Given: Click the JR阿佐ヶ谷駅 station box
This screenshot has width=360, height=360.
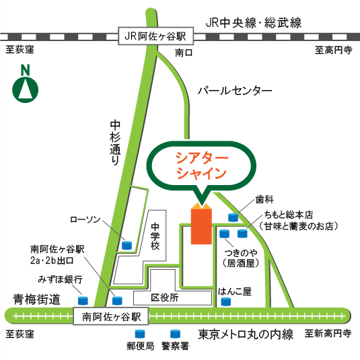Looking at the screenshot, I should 155,36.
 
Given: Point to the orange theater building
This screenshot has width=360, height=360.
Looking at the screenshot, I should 201,225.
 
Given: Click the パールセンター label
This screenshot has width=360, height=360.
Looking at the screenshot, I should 235,90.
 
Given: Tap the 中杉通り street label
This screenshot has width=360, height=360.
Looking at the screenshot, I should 115,143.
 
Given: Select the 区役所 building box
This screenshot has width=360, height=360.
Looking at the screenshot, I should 164,297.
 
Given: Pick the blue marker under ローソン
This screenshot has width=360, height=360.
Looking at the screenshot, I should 126,245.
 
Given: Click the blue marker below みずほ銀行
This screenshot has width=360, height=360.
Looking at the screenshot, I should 83,300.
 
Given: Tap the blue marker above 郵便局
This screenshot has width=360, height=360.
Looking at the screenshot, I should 141,334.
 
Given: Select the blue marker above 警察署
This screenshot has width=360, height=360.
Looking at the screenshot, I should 175,334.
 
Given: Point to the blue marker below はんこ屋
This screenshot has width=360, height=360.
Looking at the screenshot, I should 225,302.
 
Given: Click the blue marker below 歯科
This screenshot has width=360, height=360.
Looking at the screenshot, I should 233,217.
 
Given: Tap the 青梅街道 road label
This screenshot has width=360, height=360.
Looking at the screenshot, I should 36,298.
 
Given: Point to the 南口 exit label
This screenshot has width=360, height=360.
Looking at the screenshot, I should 183,52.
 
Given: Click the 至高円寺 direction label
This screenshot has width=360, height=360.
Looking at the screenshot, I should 334,49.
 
